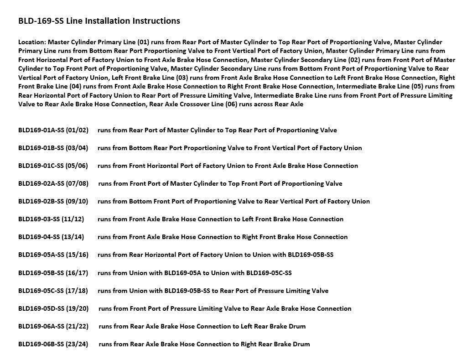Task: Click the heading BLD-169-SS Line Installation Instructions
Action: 99,21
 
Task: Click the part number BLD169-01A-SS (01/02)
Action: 53,130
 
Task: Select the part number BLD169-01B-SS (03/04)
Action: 53,148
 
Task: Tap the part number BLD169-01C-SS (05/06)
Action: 53,166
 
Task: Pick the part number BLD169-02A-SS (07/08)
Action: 53,183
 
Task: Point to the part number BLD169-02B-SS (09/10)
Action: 53,201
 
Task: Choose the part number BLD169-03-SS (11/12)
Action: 51,219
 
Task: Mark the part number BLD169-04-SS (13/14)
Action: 51,237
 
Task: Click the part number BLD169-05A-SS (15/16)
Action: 53,255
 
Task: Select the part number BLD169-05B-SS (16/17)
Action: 53,273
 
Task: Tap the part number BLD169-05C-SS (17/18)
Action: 53,291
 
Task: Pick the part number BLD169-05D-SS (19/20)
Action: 53,308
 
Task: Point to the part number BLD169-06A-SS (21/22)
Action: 53,326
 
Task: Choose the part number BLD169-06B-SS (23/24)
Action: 53,344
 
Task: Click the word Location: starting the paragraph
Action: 32,42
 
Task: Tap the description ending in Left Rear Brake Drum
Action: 202,326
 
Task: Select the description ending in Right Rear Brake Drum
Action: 204,344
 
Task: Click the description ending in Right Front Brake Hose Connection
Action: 223,237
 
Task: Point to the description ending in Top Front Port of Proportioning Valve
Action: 220,183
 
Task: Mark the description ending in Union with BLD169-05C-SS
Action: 195,273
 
